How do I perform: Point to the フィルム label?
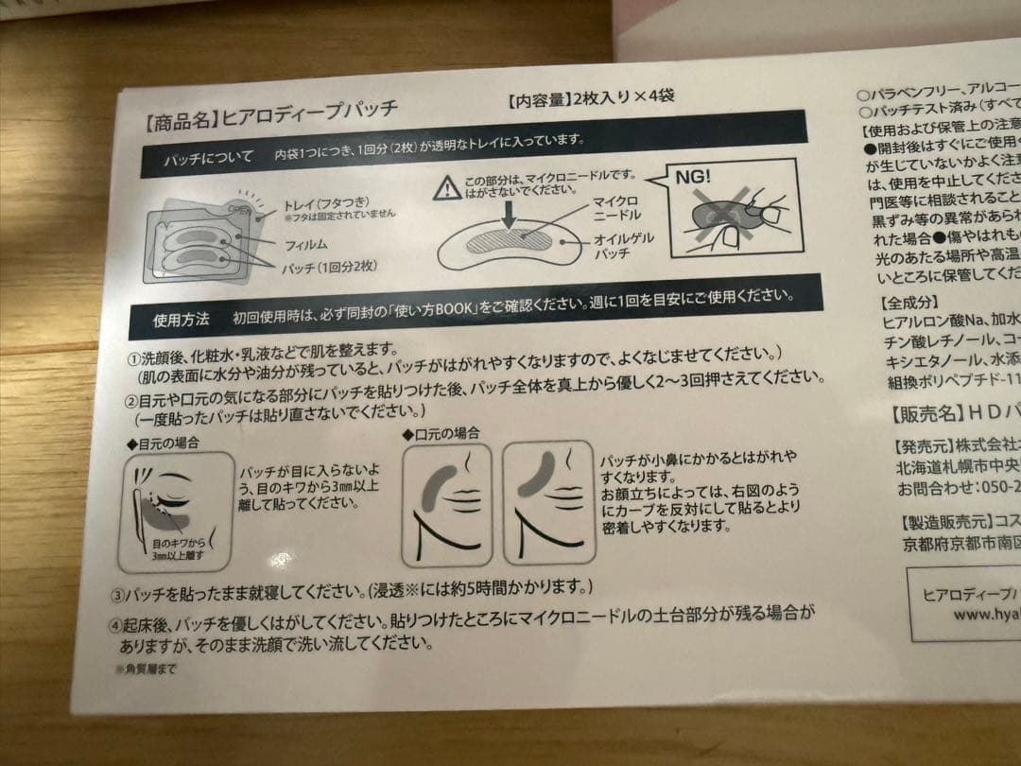pos(306,245)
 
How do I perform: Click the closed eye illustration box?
pos(177,511)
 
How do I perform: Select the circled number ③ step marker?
pos(119,597)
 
